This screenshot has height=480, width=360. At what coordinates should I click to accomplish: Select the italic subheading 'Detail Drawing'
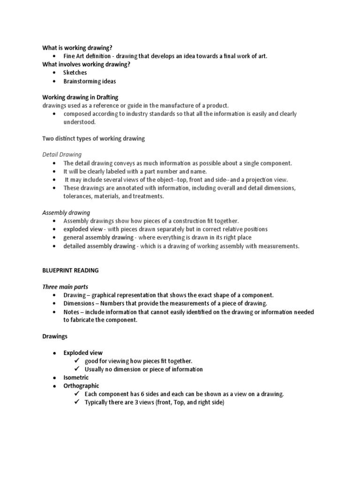tap(62, 154)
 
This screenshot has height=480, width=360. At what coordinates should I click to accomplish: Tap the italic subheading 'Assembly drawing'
tap(66, 212)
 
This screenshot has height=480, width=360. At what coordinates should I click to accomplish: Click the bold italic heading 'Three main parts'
tap(65, 287)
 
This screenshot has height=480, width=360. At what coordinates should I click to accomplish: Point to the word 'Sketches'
tap(75, 73)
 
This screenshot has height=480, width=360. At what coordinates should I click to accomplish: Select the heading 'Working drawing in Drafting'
tap(80, 97)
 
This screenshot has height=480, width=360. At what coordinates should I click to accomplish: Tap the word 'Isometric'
tap(76, 377)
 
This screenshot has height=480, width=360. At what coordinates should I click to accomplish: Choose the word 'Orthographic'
tap(81, 386)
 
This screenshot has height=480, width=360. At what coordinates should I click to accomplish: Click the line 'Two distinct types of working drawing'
tap(94, 138)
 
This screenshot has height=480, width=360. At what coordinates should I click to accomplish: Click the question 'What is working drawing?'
tap(78, 47)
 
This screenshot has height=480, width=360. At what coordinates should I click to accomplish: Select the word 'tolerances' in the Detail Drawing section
tap(78, 196)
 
